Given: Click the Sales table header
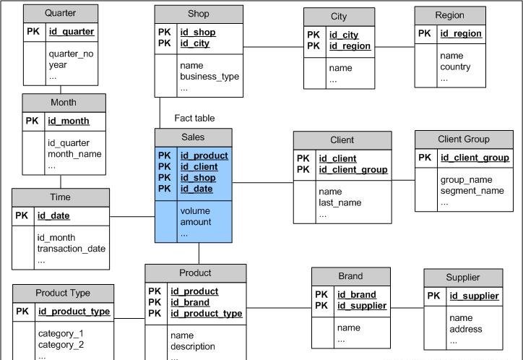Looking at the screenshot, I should coord(193,137).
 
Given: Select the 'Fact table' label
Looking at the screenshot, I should coord(194,118).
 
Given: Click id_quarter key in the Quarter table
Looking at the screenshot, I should coord(71,32).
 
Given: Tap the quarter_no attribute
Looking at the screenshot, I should coord(71,53).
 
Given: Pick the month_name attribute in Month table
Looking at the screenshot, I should coord(74,154).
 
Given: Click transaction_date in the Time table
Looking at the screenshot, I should coord(72,249).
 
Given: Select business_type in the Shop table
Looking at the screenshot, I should coord(209,77).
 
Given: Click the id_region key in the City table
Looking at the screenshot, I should coord(350,46).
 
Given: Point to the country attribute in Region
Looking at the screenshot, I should coord(455,67).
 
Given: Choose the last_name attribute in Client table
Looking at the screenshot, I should coord(340,203).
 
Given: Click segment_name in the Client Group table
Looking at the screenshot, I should coord(472,191).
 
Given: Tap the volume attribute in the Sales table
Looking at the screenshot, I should coord(195,211).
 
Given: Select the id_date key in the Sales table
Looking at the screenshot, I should coord(196,189).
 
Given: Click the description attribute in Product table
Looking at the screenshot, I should coord(193,346).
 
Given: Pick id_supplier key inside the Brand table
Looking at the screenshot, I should coord(362,306).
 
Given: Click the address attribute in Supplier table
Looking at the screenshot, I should coord(465,329).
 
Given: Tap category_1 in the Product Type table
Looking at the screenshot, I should coord(61,333).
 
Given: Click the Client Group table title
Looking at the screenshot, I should coord(463,139).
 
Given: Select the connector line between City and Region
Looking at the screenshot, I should coord(394,47).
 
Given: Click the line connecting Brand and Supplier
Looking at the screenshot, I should coord(407,308).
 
